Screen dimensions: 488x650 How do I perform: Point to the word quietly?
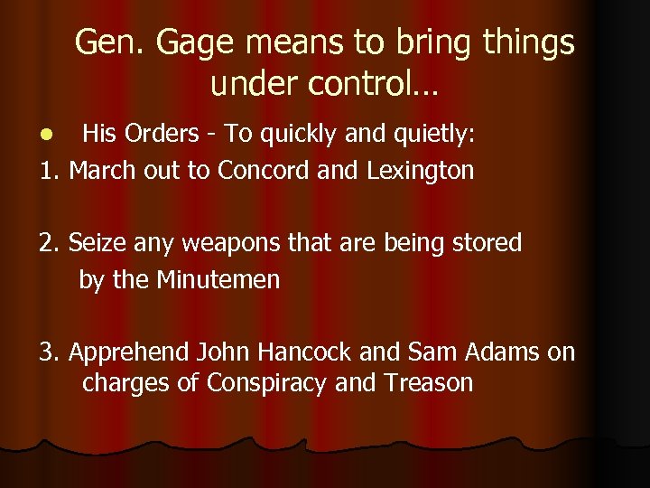[432, 136]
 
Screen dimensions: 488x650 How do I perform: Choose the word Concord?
[262, 170]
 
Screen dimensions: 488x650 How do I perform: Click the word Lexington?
[420, 170]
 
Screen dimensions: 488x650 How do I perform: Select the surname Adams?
[496, 352]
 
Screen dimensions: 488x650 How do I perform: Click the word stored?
[487, 242]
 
